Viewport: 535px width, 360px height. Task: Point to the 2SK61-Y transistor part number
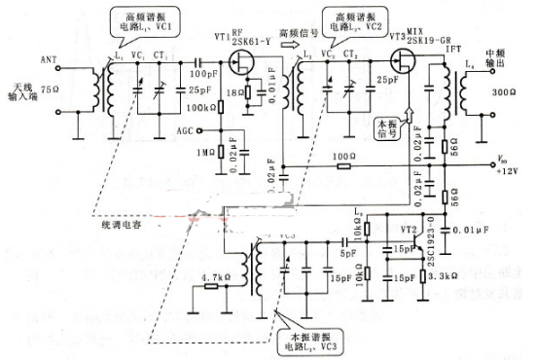250,44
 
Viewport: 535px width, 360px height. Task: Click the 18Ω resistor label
234,95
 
